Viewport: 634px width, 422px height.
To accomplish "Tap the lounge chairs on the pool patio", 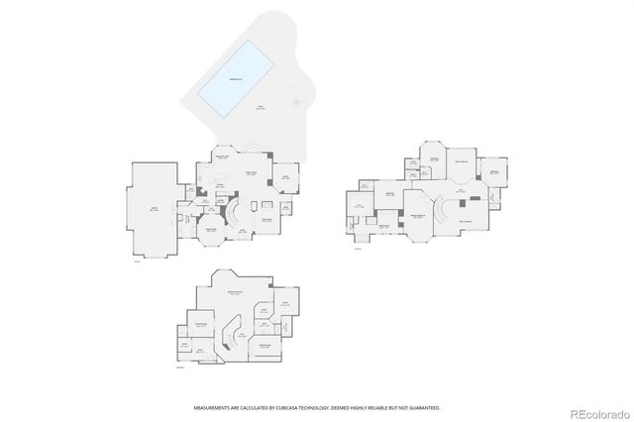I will coord(295,96).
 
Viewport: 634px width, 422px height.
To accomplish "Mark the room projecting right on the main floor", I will coord(285,178).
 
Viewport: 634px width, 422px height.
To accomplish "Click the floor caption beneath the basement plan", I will coord(179,369).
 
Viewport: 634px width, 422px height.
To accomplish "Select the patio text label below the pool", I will coord(261,108).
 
